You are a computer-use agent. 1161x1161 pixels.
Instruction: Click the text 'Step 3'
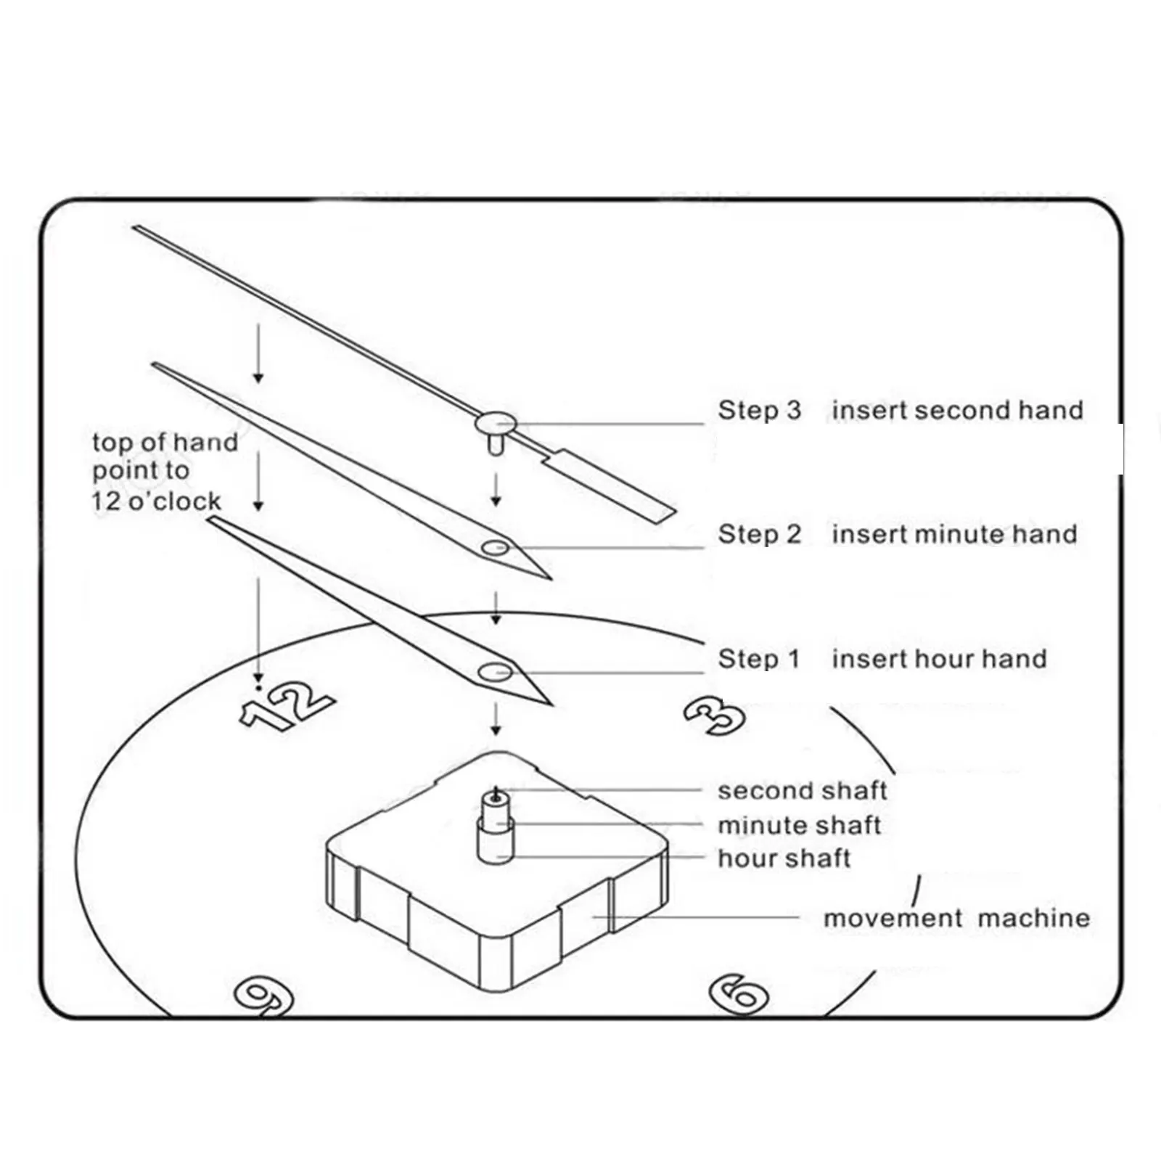(759, 410)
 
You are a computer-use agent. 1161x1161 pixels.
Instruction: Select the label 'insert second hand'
(957, 410)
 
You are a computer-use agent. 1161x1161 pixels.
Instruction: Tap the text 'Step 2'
(759, 534)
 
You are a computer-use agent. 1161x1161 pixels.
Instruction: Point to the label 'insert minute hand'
(954, 534)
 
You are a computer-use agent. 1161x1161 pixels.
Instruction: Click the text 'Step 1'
(758, 659)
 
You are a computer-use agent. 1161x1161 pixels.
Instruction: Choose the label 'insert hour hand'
(939, 659)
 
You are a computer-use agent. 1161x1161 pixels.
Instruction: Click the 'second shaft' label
(802, 790)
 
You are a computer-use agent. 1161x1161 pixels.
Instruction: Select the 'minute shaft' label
(799, 825)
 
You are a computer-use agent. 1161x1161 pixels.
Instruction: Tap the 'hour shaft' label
(784, 858)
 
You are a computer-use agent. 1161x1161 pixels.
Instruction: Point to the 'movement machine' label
(956, 918)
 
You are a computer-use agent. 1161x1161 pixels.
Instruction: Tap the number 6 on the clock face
(738, 993)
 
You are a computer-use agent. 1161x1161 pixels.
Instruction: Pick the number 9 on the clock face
(264, 996)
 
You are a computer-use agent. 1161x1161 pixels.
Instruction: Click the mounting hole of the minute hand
(496, 547)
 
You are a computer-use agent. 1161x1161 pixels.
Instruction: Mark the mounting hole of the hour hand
(496, 673)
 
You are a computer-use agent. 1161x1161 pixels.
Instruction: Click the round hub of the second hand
(496, 423)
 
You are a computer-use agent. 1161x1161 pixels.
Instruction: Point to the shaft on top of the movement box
(496, 824)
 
